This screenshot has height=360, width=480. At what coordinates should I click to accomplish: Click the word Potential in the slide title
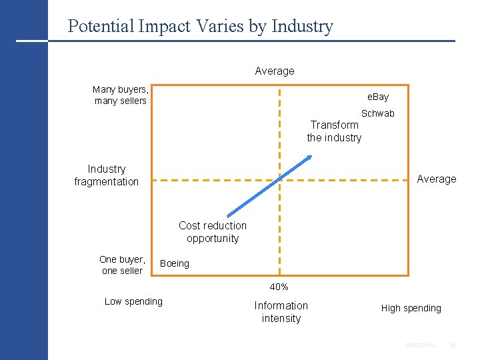(x=101, y=27)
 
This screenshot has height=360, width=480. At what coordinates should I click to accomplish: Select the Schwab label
(x=378, y=113)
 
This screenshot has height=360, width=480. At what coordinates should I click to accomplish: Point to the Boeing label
(x=175, y=263)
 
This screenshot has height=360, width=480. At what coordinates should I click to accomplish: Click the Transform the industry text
(x=334, y=131)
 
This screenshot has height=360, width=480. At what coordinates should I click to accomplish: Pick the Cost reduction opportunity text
(x=213, y=232)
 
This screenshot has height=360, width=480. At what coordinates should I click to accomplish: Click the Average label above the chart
(x=275, y=71)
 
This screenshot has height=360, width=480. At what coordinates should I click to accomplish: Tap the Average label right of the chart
(x=437, y=179)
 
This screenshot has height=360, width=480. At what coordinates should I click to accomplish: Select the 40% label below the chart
(x=279, y=287)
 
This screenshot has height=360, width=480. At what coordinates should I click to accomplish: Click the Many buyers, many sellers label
(x=121, y=95)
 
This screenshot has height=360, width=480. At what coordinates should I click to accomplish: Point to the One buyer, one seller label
(x=122, y=265)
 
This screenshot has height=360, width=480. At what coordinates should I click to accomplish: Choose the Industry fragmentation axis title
(x=107, y=175)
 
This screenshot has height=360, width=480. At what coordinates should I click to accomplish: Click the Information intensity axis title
(x=281, y=312)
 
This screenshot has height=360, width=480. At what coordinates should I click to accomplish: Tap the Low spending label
(x=133, y=301)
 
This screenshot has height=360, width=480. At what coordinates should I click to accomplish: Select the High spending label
(x=411, y=308)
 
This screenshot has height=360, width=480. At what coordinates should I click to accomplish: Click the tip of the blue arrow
(x=311, y=156)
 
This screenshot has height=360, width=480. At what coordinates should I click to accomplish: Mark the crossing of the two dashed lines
(x=280, y=179)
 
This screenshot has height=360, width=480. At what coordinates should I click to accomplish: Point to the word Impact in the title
(x=159, y=27)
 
